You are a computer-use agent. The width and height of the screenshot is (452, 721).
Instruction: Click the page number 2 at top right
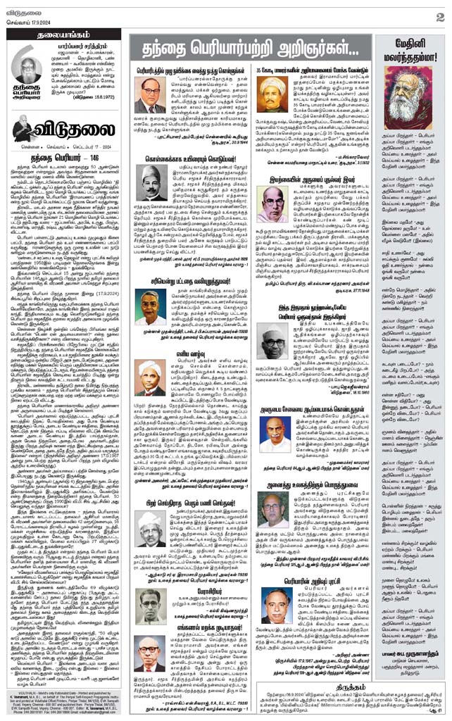[439, 16]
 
